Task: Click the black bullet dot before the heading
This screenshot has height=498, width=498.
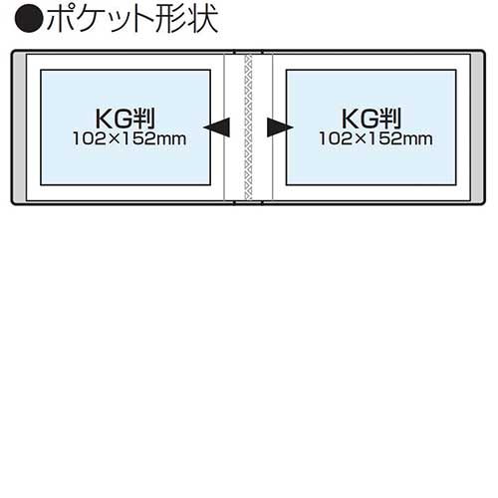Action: (x=29, y=18)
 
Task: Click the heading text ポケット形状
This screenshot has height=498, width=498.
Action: (x=132, y=18)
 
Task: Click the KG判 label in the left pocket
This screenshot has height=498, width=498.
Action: (x=125, y=119)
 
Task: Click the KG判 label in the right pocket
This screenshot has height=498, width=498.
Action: (x=372, y=119)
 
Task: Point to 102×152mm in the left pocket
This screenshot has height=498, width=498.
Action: (x=129, y=138)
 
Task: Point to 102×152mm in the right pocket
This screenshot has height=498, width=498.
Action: (x=375, y=138)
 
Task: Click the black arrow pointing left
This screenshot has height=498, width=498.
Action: (x=217, y=127)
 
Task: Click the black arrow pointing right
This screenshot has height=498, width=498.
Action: (x=280, y=127)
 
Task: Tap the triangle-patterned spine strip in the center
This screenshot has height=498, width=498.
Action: (x=248, y=127)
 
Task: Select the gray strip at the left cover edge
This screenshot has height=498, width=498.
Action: (x=20, y=127)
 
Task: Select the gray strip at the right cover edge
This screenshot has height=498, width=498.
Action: (x=477, y=127)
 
